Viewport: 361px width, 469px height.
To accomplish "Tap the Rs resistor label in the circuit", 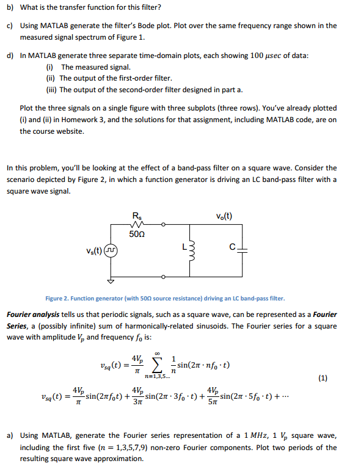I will (x=136, y=214).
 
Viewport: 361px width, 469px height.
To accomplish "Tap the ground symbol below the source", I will (x=111, y=282).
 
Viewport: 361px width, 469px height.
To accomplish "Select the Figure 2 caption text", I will (x=165, y=299).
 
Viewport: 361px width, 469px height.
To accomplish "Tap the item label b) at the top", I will (x=10, y=7).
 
